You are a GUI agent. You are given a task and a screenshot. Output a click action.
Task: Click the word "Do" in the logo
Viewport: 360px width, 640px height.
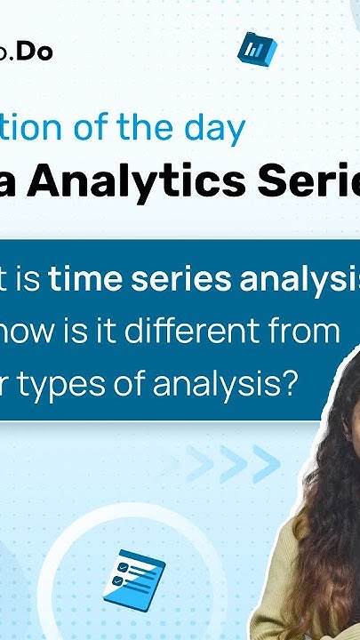(x=37, y=52)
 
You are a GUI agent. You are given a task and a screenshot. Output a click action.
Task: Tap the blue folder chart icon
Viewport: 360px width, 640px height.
(x=258, y=49)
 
